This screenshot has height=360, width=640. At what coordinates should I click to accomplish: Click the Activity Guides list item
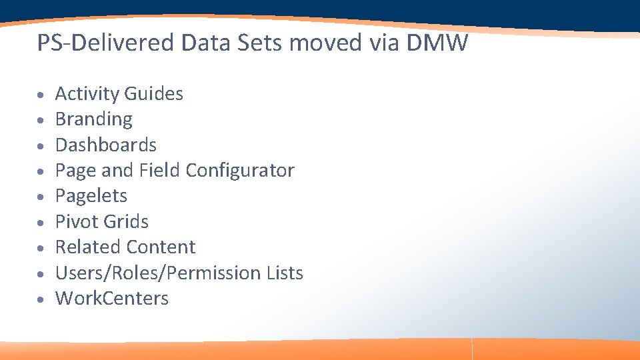(x=119, y=94)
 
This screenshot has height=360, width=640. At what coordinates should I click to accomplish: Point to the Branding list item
(x=93, y=119)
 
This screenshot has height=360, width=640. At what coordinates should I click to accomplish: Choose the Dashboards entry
(x=105, y=145)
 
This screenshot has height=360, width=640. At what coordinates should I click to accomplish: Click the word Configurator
(x=239, y=171)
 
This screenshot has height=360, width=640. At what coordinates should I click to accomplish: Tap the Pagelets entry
(x=91, y=196)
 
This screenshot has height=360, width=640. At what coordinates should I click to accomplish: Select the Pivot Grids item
(x=101, y=221)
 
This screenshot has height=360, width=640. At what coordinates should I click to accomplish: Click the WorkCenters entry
(x=111, y=299)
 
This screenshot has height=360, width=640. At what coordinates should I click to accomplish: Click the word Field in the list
(x=159, y=171)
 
